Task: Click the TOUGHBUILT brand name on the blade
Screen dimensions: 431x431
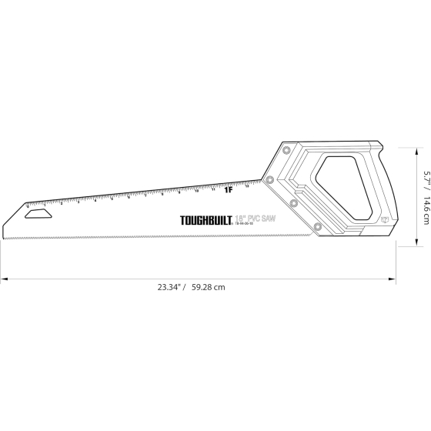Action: coord(203,220)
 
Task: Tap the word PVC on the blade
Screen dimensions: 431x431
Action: coord(256,219)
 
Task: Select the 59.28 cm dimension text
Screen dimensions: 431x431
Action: coord(208,286)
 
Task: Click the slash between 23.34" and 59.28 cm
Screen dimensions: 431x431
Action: coord(185,286)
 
